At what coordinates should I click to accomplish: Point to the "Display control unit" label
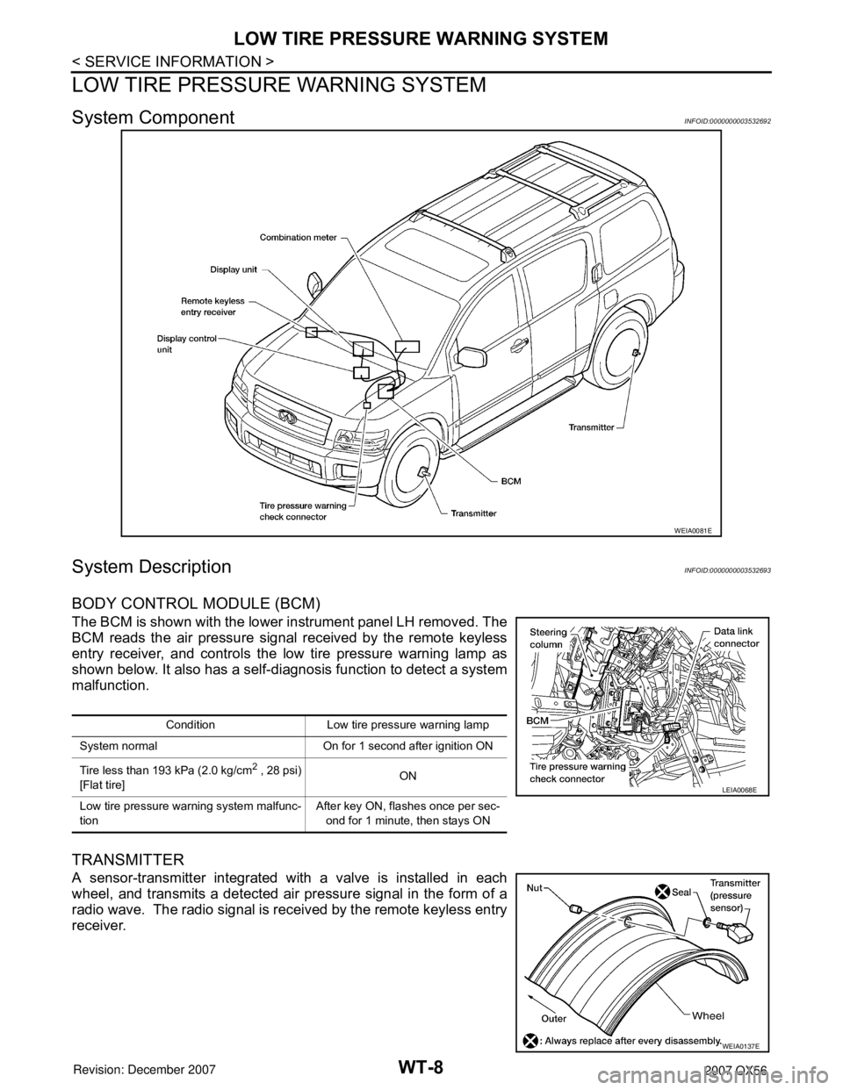click(185, 342)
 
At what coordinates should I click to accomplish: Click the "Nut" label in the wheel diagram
click(537, 888)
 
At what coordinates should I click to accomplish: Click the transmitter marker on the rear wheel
click(634, 352)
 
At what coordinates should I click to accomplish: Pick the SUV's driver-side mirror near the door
click(472, 357)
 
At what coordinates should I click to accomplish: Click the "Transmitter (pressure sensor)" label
click(737, 894)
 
